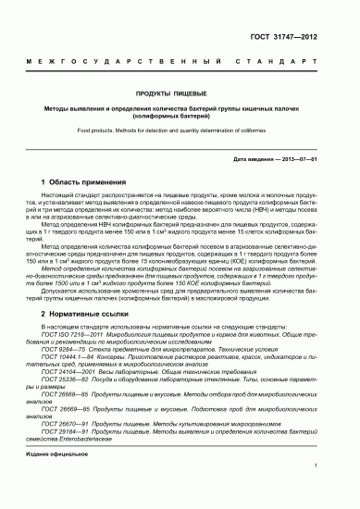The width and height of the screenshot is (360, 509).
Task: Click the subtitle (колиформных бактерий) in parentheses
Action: (179, 118)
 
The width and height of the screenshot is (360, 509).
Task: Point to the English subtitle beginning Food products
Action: (179, 131)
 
